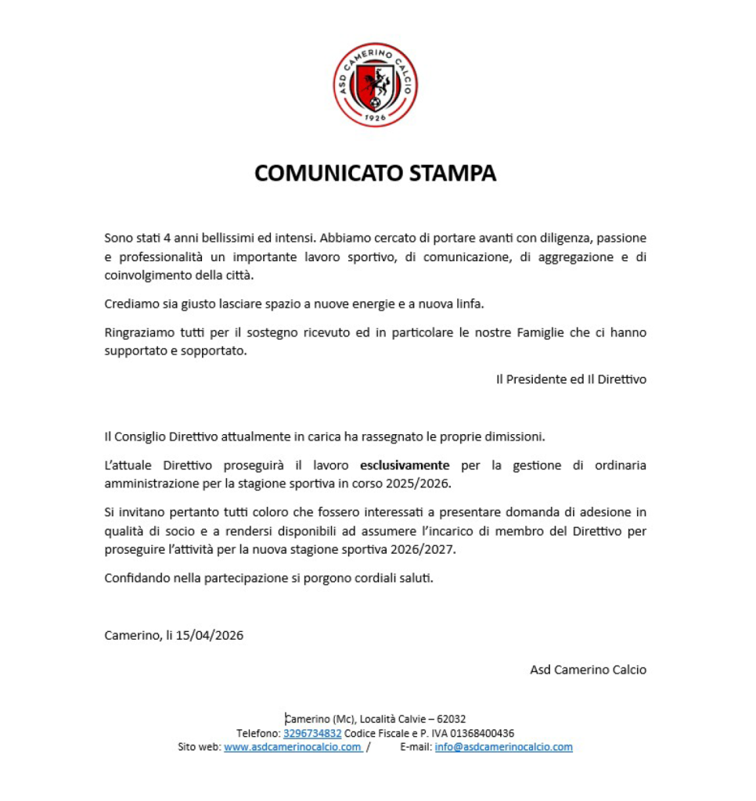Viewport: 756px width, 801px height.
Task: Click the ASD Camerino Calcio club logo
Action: pos(376,85)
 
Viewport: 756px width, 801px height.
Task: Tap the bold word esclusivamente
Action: pos(405,465)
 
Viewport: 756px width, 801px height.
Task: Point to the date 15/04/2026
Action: pos(210,635)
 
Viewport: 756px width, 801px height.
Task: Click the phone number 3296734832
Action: pos(312,733)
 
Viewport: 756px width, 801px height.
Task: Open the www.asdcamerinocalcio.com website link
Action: pos(292,747)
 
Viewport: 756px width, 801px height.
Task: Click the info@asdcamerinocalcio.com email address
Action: pos(503,747)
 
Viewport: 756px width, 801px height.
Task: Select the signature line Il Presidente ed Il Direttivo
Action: pos(571,379)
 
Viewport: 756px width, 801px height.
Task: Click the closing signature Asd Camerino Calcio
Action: pos(589,670)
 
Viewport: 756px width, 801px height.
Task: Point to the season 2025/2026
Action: pos(418,483)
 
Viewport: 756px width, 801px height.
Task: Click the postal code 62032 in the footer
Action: pos(452,719)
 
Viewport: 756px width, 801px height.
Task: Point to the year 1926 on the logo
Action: pos(376,117)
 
